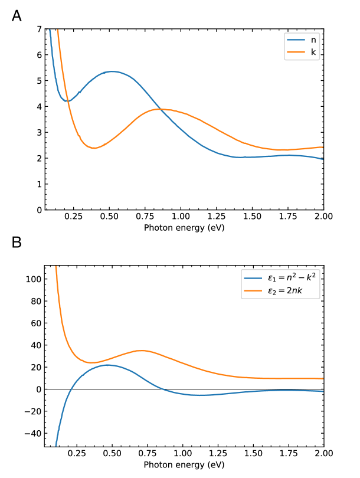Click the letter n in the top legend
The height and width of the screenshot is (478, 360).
pos(313,40)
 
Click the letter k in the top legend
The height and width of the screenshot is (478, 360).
pos(313,53)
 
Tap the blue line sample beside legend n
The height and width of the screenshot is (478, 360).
pos(296,40)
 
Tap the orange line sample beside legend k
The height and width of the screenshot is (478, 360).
pos(296,53)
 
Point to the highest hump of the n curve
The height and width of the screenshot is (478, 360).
pos(112,71)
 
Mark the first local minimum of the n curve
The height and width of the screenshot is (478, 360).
pos(68,101)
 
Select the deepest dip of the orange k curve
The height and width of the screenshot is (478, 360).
pos(94,148)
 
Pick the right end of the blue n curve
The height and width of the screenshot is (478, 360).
pos(323,159)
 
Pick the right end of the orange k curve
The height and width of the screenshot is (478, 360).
pos(323,147)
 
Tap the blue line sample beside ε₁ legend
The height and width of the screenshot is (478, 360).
pos(253,277)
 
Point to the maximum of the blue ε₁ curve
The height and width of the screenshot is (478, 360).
pos(109,365)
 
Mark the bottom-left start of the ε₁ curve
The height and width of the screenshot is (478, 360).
pos(56,446)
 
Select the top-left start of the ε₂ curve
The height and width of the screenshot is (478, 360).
pos(56,267)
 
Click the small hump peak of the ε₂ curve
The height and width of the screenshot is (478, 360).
pos(142,351)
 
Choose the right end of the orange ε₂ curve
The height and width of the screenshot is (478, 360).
pos(323,378)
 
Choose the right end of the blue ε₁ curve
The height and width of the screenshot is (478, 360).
pos(323,391)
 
